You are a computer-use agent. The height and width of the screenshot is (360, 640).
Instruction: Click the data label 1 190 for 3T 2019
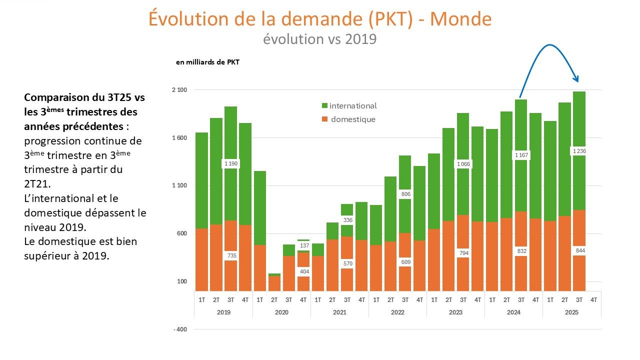(x=230, y=163)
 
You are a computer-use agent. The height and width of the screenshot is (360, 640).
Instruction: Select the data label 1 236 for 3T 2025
(x=578, y=151)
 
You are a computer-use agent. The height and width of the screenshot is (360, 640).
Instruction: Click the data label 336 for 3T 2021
(x=346, y=220)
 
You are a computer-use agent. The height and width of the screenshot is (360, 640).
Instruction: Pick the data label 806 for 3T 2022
(x=404, y=193)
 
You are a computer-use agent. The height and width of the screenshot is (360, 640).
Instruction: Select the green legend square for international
(x=324, y=106)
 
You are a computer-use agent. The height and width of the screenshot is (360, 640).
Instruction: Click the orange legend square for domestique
(x=324, y=119)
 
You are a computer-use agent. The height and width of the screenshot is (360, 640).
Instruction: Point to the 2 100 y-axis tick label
(x=179, y=90)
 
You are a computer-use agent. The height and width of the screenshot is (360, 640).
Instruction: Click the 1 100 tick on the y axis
(x=179, y=186)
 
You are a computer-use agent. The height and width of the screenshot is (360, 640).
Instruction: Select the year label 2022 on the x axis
(x=397, y=312)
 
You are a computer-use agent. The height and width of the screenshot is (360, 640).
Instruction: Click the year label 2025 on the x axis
(x=571, y=312)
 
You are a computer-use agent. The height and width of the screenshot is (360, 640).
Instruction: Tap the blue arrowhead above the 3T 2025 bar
(x=576, y=78)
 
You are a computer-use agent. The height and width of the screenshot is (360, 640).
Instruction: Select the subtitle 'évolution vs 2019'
(x=319, y=39)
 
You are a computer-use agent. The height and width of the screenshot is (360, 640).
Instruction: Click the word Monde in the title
(x=460, y=19)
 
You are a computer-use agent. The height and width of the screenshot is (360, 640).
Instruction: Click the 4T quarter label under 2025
(x=593, y=300)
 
